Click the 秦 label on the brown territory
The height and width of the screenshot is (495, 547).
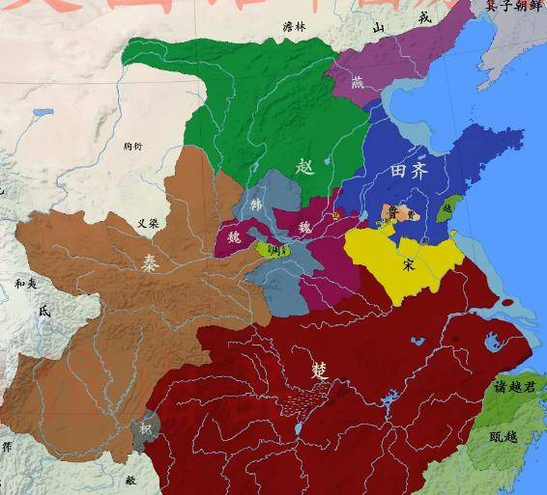click(x=152, y=261)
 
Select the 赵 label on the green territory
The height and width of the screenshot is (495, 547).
click(x=306, y=166)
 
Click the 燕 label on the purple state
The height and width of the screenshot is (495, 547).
click(x=359, y=83)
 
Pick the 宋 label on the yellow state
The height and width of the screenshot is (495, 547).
click(x=410, y=262)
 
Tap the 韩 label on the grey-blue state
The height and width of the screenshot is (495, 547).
click(x=255, y=205)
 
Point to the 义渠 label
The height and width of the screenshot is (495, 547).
click(x=147, y=223)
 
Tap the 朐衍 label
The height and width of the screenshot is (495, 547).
click(x=133, y=146)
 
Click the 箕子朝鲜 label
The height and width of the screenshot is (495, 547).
click(x=511, y=6)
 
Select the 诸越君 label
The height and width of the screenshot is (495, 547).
click(x=513, y=387)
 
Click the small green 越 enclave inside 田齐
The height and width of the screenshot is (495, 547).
click(x=446, y=207)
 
